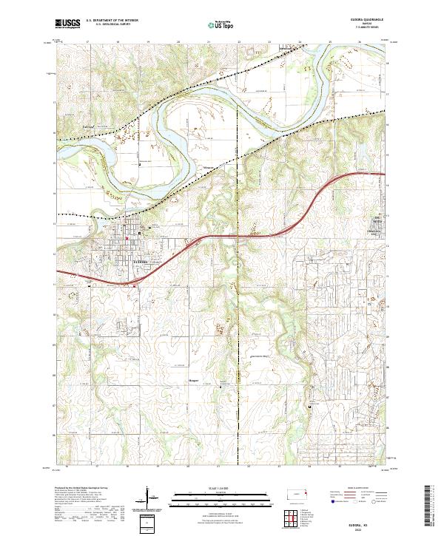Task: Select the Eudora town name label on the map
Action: (x=141, y=261)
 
